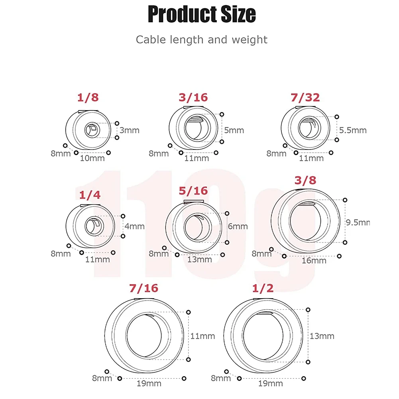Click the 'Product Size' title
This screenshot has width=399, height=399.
pyautogui.click(x=201, y=14)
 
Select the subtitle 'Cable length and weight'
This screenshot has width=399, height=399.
pyautogui.click(x=201, y=39)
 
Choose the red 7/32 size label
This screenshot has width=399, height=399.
pyautogui.click(x=305, y=98)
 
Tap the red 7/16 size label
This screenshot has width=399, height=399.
pyautogui.click(x=143, y=288)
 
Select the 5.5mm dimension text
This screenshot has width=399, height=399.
pyautogui.click(x=353, y=130)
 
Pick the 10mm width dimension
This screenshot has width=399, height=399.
pyautogui.click(x=93, y=158)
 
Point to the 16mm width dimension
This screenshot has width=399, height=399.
pyautogui.click(x=314, y=261)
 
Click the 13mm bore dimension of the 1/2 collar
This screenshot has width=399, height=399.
pyautogui.click(x=322, y=336)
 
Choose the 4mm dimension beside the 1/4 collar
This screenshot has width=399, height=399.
pyautogui.click(x=134, y=226)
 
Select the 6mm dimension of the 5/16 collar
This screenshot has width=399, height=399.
pyautogui.click(x=238, y=226)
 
